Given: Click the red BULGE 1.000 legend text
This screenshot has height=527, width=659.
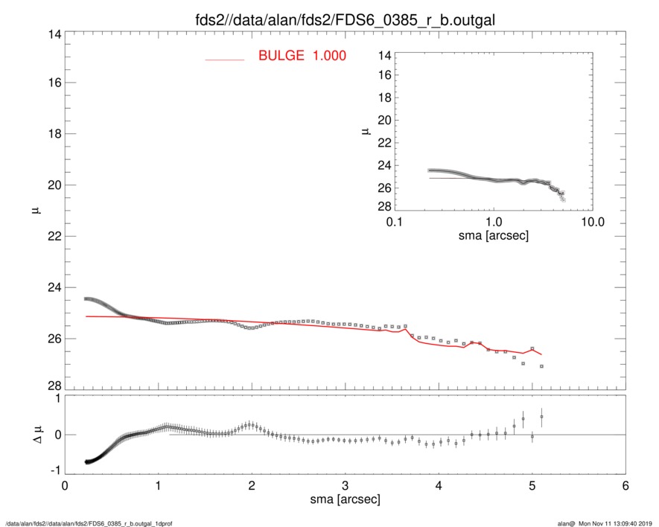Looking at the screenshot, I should (x=302, y=56).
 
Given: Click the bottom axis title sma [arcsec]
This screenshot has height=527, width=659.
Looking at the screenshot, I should (x=345, y=499).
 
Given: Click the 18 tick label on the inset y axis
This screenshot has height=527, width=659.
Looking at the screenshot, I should (x=384, y=98).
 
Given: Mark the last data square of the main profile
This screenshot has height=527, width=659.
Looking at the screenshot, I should (x=541, y=366).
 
